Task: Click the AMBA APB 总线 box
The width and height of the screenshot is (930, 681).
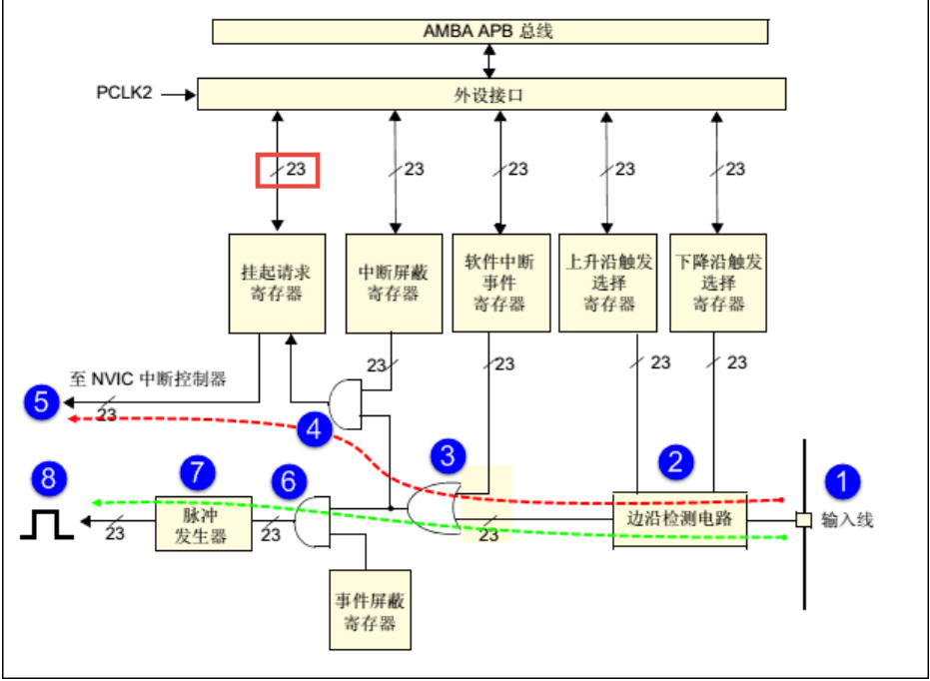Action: pos(490,31)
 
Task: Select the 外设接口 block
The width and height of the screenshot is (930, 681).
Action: pos(488,96)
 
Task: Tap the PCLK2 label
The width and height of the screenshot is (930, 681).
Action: pos(125,96)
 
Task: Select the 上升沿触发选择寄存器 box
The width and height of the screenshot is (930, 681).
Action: pos(608,283)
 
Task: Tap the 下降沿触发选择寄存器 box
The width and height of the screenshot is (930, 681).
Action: pos(716,283)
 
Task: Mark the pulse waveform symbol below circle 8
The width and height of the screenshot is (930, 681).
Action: pos(46,523)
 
